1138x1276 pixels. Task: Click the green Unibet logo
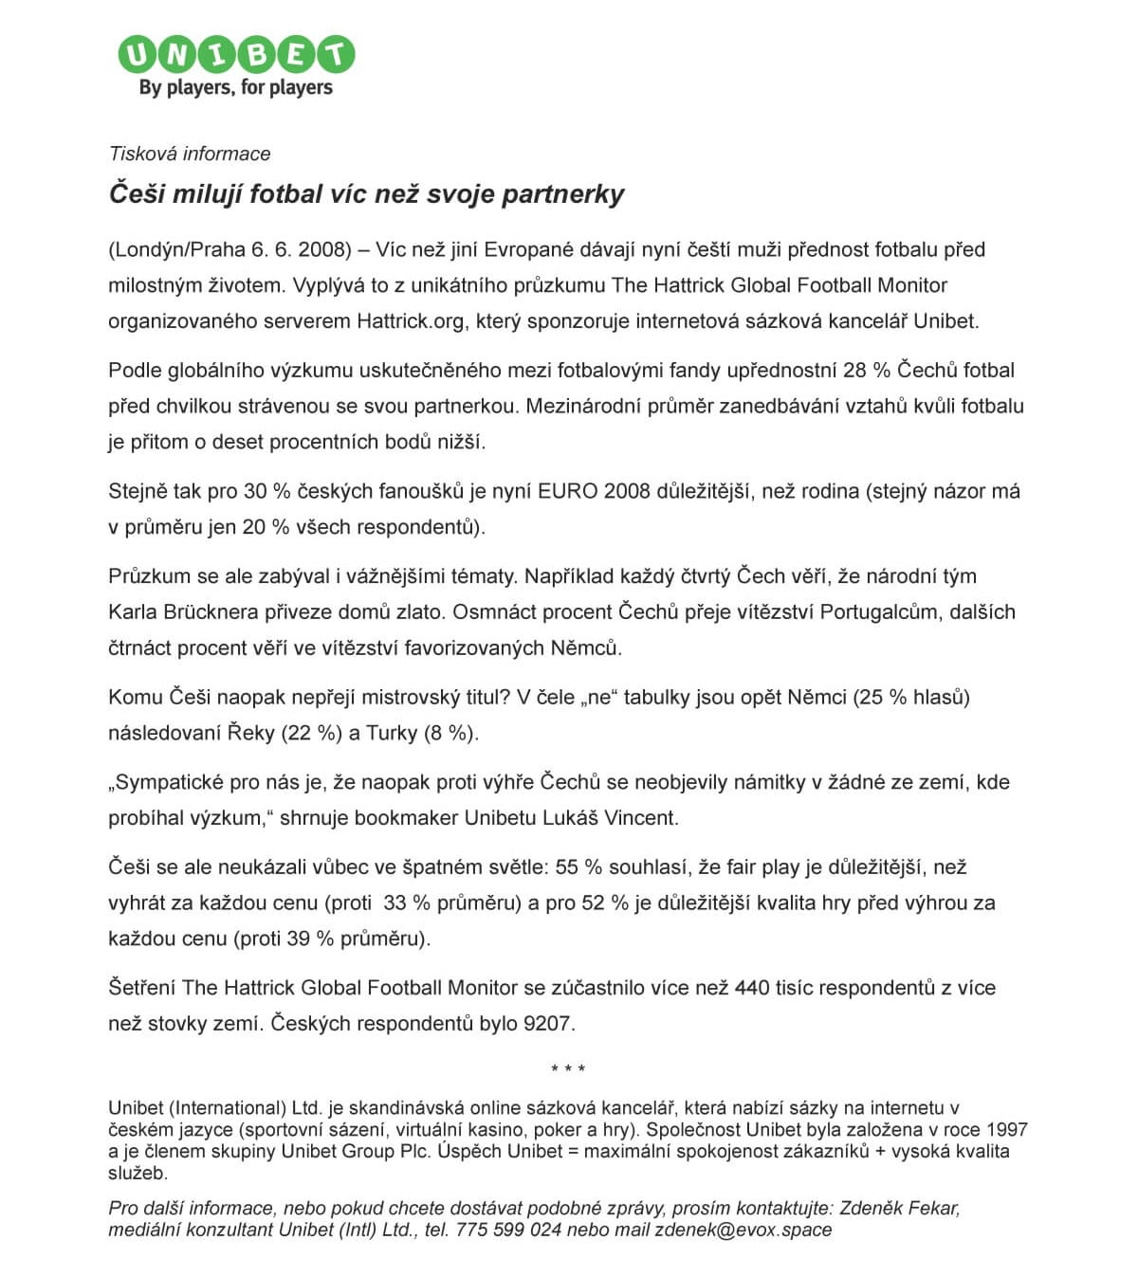tap(235, 55)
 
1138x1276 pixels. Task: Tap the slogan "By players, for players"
tap(235, 88)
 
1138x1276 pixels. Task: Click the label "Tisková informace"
tap(190, 154)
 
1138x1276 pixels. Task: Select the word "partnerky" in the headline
tap(562, 194)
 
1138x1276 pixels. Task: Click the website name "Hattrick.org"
tap(411, 321)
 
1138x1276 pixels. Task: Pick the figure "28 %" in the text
tap(867, 371)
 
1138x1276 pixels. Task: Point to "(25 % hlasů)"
tap(911, 698)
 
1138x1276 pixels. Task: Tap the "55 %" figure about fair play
tap(579, 867)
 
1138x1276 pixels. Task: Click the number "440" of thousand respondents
tap(751, 988)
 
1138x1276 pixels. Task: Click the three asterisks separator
tap(568, 1069)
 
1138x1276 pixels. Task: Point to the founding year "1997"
tap(1006, 1130)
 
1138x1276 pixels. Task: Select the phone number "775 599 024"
tap(507, 1230)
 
